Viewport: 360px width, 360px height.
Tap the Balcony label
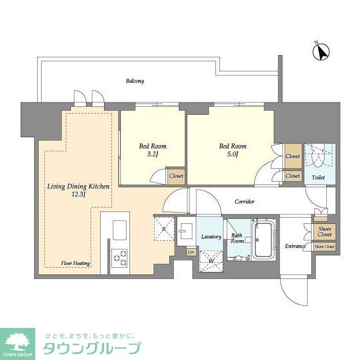point(134,81)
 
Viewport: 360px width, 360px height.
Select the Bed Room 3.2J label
point(152,150)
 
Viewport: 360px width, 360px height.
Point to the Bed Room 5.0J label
point(232,150)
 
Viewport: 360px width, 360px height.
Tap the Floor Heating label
point(76,263)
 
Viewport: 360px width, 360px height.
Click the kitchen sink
point(120,229)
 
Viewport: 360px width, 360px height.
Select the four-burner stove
point(119,257)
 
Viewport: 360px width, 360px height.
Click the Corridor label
point(244,201)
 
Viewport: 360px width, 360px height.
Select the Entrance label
point(295,246)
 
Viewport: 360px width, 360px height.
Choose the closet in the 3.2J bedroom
point(176,175)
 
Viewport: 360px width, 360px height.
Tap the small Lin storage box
point(191,251)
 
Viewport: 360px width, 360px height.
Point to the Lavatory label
point(211,237)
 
